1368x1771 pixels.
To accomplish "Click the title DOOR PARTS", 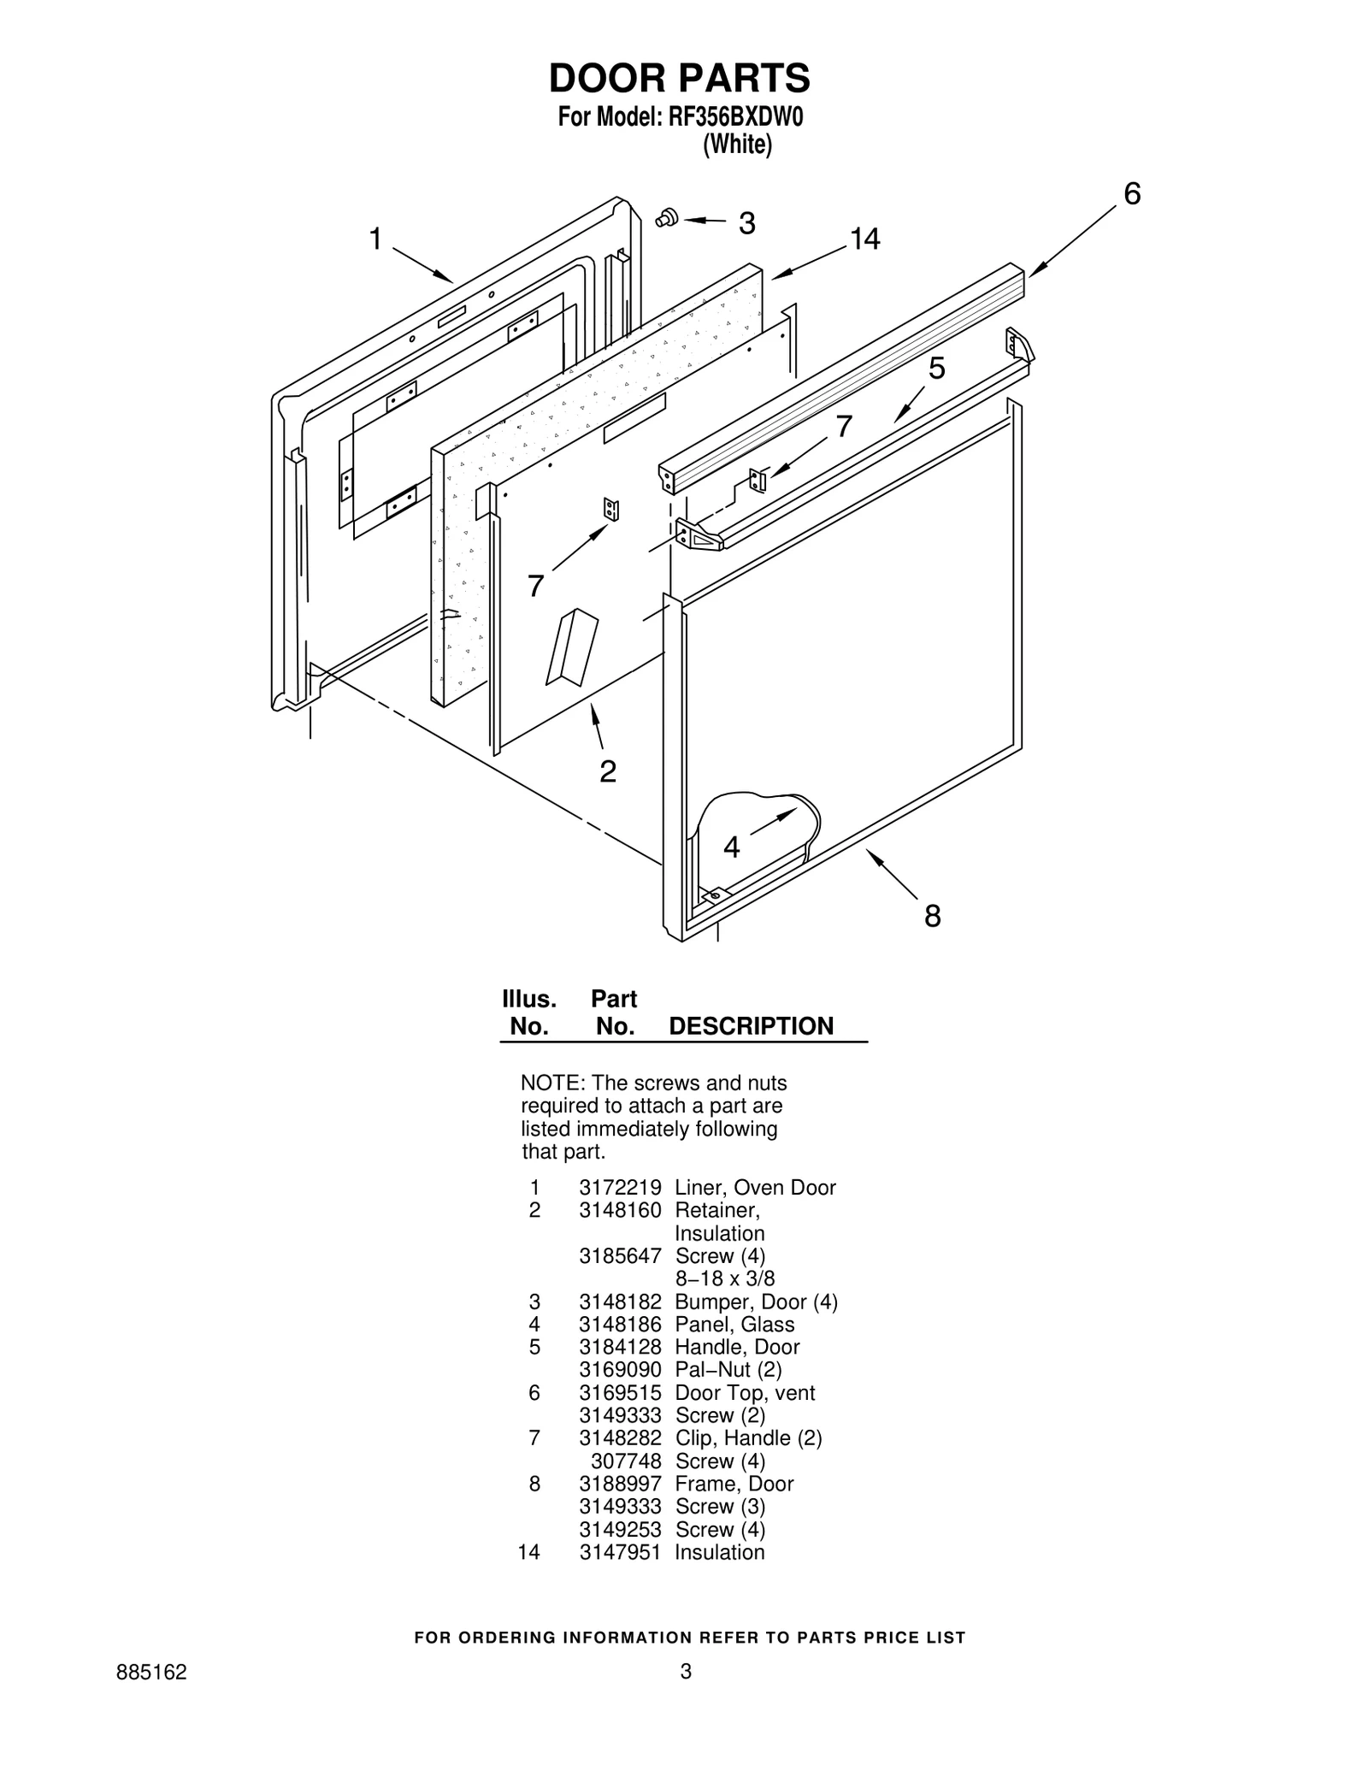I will [679, 78].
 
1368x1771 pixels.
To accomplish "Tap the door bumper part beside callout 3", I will [667, 217].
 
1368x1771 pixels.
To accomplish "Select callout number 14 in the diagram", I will [864, 239].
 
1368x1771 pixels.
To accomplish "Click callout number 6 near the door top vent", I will [1131, 195].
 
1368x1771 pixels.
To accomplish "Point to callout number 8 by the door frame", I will [932, 916].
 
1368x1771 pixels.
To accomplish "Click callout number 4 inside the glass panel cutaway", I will [732, 847].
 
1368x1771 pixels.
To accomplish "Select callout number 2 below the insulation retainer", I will [607, 771].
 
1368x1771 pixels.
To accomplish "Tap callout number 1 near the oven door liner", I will [374, 239].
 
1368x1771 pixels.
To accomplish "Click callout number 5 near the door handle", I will [937, 369].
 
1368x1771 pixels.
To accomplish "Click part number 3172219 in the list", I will [620, 1188].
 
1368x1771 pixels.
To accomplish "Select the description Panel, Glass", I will [734, 1325].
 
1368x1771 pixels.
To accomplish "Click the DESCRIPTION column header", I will [751, 1026].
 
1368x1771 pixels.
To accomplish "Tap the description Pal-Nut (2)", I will [728, 1370].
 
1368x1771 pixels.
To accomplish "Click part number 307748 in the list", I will [626, 1461].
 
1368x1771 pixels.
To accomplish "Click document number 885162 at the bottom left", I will [151, 1696].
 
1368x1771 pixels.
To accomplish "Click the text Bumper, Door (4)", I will [756, 1302].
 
